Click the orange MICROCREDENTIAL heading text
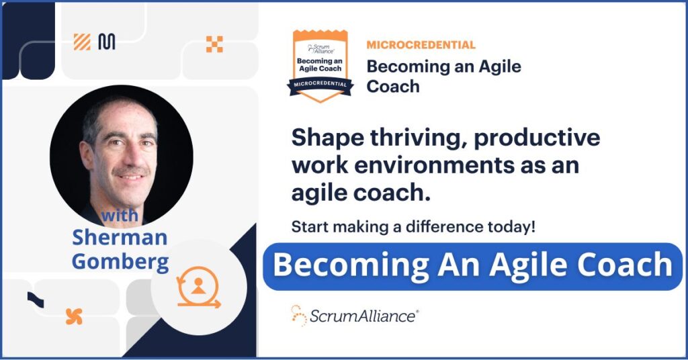point(421,45)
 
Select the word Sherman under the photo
point(120,237)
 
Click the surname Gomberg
point(120,261)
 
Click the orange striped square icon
point(82,42)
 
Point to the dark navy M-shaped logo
point(106,42)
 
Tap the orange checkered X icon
point(214,44)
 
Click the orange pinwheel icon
point(74,316)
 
